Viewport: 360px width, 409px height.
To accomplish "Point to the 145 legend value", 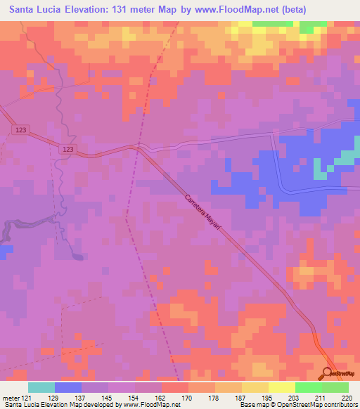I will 108,398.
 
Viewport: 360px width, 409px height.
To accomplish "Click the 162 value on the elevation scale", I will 161,398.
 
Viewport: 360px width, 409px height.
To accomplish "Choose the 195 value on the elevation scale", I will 268,398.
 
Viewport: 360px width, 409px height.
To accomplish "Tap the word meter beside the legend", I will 10,398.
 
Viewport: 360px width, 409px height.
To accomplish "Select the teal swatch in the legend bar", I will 41,387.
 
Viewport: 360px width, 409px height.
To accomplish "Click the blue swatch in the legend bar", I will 68,387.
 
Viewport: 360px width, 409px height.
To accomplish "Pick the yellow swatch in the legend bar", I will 255,387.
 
